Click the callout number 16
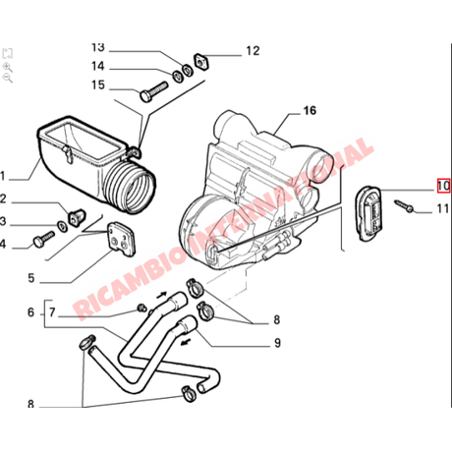click(x=310, y=111)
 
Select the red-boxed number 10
click(x=443, y=186)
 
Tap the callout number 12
click(x=253, y=51)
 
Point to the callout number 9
click(x=277, y=343)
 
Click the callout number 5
click(x=31, y=278)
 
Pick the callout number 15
click(x=98, y=85)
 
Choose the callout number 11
click(x=443, y=208)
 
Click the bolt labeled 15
click(x=153, y=91)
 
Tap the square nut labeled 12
click(x=201, y=61)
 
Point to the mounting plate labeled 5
click(x=121, y=239)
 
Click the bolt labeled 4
click(x=43, y=240)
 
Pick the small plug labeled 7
click(x=141, y=308)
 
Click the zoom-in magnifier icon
click(x=7, y=68)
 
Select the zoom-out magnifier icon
click(x=7, y=78)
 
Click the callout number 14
click(x=97, y=66)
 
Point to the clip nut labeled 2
click(x=77, y=217)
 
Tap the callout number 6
click(x=30, y=312)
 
